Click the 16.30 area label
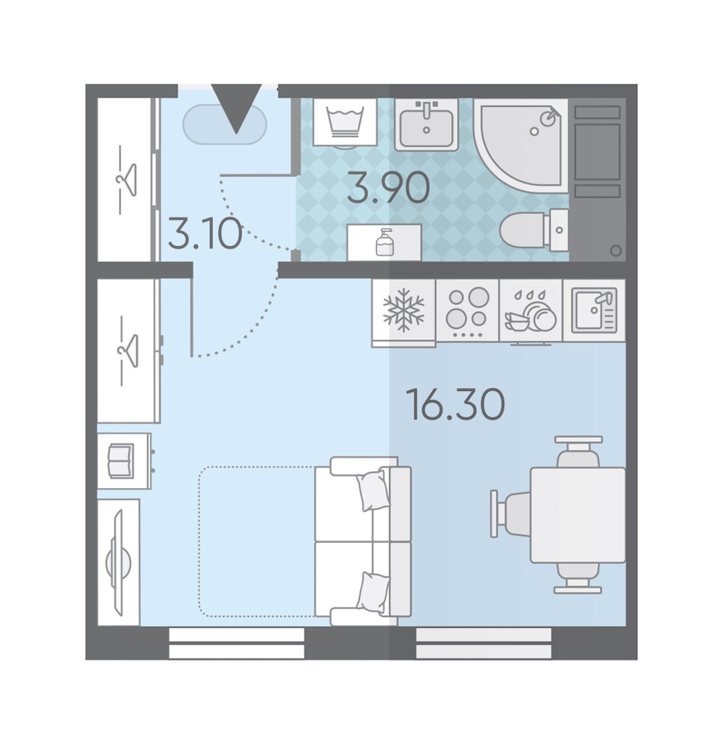coord(455,405)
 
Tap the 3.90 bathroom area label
coord(388,187)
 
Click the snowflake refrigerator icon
coord(404,310)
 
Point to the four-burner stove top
coord(467,310)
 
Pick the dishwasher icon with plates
coord(530,311)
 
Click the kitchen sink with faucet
coord(594,311)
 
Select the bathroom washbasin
coord(426,125)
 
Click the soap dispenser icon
coord(384,242)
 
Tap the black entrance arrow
coord(237,109)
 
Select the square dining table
coord(578,515)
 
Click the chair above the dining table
coord(578,451)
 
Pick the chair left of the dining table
coord(511,514)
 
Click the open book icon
coord(121,461)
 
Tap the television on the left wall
coord(118,562)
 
